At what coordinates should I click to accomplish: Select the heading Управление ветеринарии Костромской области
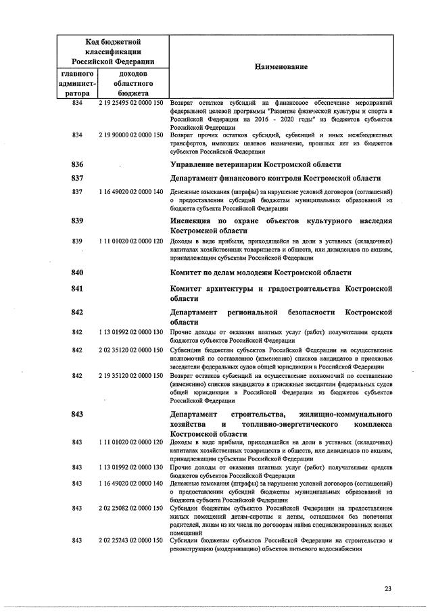(256, 164)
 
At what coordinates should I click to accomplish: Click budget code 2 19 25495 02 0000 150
(131, 102)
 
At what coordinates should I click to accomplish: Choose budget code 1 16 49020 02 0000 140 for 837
(131, 192)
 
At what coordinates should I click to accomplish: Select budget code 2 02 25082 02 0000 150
(131, 508)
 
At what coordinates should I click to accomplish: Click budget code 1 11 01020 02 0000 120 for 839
(131, 241)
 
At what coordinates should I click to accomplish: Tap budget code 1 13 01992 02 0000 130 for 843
(131, 467)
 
